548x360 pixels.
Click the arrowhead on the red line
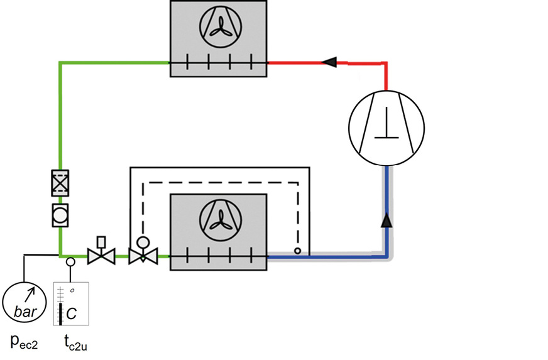coord(329,62)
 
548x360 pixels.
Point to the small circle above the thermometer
coord(70,261)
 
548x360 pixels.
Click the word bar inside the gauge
coord(24,312)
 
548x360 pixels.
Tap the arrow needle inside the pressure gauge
coord(29,293)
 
